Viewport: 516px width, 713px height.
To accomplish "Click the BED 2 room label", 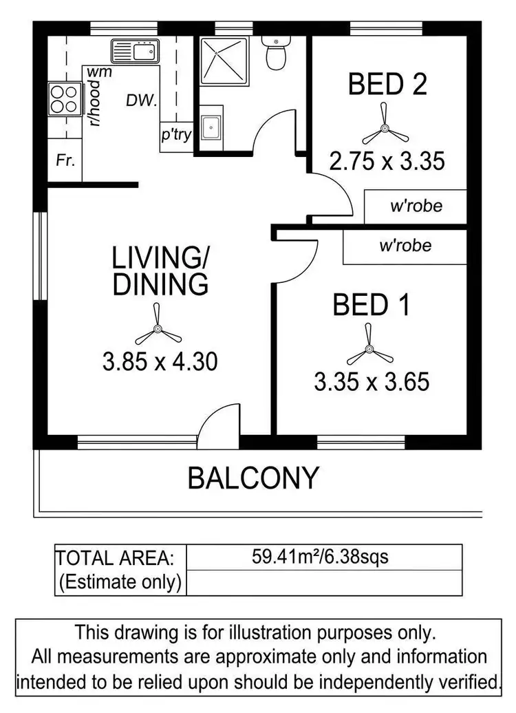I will point(387,85).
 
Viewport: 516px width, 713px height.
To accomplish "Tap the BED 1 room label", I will point(372,304).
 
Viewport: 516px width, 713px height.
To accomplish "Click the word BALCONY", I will point(254,477).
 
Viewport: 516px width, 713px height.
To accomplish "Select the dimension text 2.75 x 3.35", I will point(387,162).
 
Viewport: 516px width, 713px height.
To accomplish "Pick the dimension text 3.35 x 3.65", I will point(372,381).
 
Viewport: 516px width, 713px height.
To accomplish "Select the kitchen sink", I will point(136,51).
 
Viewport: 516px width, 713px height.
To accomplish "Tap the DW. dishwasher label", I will point(142,100).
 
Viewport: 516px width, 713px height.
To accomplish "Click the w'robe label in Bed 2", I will point(416,206).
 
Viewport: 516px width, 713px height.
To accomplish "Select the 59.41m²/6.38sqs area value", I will point(321,556).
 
